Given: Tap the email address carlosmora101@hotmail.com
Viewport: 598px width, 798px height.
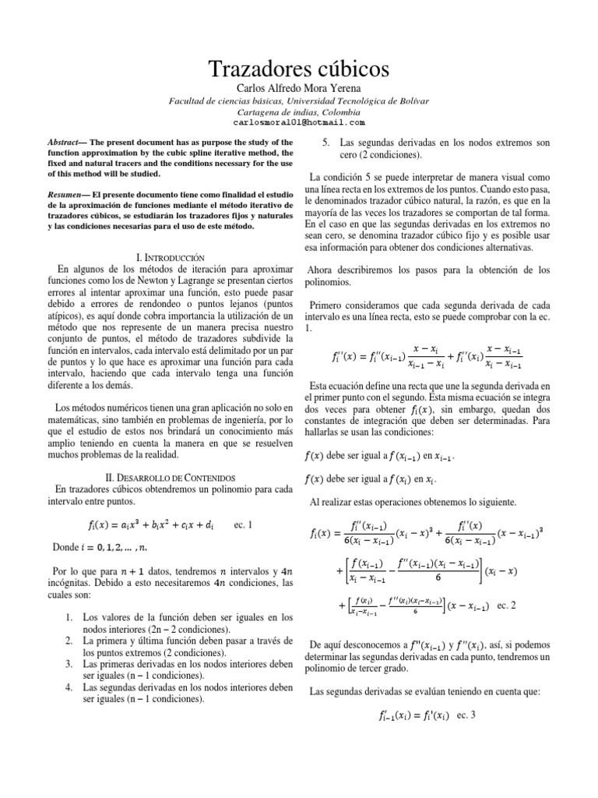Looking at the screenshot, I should point(299,123).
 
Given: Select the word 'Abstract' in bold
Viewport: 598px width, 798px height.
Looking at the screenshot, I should point(67,143).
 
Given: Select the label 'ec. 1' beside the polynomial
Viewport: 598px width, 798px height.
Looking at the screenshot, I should point(244,524).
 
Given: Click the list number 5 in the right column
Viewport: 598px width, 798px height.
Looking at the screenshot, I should point(325,143).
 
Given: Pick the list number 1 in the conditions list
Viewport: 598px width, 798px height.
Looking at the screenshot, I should point(69,617).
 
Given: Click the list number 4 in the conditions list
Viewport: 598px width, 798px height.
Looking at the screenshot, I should point(69,687).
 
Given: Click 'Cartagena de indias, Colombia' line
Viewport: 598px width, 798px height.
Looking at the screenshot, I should point(299,112).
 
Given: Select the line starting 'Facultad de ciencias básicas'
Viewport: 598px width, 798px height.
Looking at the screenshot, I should point(299,102).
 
